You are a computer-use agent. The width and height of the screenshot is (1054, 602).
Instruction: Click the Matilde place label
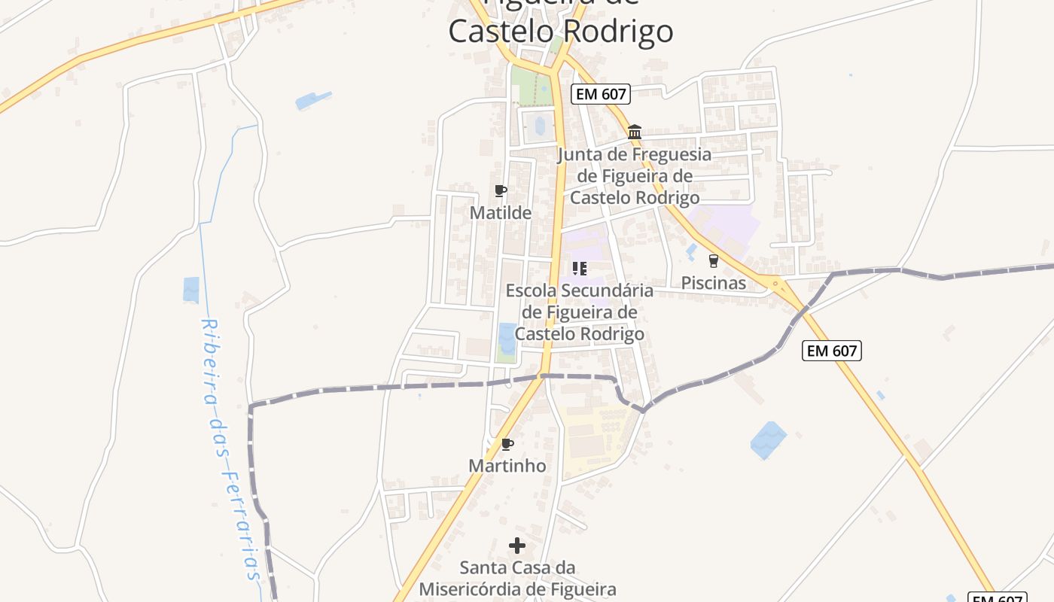[500, 213]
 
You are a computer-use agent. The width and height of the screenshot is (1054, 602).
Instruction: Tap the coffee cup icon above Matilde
[501, 191]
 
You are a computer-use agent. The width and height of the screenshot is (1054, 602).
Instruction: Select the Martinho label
[507, 466]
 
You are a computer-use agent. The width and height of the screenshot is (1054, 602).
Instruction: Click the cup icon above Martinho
[507, 444]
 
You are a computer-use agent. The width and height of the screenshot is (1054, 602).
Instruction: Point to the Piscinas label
[713, 283]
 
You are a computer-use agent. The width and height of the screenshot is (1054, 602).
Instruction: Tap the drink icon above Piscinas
[713, 261]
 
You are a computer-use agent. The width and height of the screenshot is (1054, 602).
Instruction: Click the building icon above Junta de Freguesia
[635, 132]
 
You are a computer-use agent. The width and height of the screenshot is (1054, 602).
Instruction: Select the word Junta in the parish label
[583, 155]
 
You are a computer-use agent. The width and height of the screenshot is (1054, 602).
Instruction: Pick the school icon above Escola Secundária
[579, 269]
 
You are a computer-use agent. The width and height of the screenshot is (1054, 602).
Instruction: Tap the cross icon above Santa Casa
[517, 546]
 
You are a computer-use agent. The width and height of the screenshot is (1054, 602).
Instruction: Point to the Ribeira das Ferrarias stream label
[229, 448]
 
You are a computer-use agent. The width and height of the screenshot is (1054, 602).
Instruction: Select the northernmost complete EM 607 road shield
[600, 94]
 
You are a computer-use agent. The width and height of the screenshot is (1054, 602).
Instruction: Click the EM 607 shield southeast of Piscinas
[831, 351]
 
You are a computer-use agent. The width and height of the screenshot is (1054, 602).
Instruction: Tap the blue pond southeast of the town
[768, 440]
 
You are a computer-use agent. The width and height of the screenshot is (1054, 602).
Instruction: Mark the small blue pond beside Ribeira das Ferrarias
[191, 290]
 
